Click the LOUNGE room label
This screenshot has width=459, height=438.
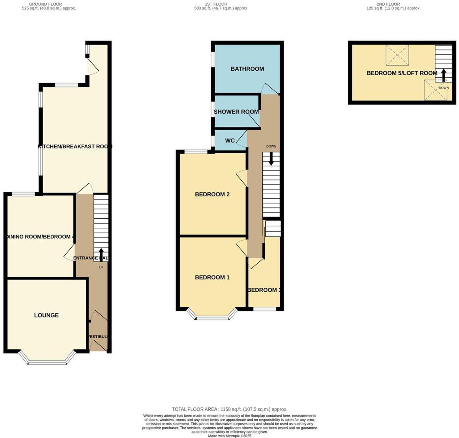coord(46,315)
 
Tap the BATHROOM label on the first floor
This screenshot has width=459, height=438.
coord(247,69)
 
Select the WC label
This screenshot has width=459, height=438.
coord(230,140)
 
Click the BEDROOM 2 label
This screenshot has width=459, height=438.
coord(212,194)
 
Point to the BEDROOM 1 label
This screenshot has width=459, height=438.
coord(212,277)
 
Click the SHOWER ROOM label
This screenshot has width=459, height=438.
coord(236,112)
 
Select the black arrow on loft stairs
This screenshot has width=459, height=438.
coord(443,75)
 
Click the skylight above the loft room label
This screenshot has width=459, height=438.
coord(397,55)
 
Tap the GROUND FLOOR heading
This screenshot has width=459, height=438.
coord(45,4)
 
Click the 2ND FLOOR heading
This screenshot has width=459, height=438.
coord(388,4)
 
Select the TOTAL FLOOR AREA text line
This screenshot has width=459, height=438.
coord(229,409)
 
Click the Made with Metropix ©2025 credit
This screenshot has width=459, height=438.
coord(229,436)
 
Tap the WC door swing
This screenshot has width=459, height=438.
coord(242,140)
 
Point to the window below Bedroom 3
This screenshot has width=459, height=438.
coord(265,309)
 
